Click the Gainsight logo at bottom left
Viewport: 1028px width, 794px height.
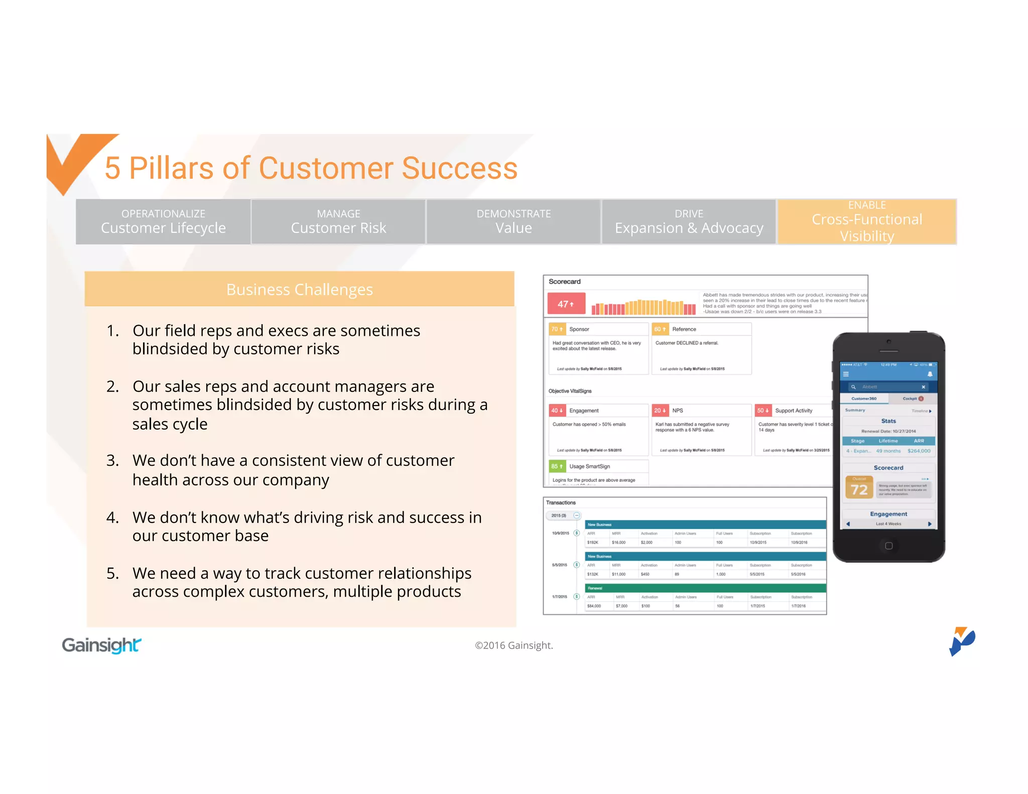point(101,645)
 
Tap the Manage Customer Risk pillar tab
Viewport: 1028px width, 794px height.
point(338,222)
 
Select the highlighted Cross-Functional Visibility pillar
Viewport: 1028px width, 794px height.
point(867,221)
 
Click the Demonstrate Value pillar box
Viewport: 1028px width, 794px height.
point(513,222)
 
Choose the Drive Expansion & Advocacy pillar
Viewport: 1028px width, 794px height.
point(689,222)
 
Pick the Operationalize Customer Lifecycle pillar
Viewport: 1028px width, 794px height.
point(163,222)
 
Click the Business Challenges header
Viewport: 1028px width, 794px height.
point(299,290)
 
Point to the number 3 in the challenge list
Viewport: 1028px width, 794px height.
point(112,460)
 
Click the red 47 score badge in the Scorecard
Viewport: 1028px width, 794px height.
point(566,304)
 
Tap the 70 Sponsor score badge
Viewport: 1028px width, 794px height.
point(557,329)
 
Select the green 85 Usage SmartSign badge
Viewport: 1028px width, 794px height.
point(557,466)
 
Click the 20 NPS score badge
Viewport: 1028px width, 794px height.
point(660,411)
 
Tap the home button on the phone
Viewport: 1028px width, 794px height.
point(888,546)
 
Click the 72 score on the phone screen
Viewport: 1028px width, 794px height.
point(859,489)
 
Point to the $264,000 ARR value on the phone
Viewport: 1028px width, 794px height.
point(919,451)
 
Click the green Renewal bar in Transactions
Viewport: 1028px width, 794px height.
point(705,588)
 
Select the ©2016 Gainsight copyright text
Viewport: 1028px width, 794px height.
point(513,645)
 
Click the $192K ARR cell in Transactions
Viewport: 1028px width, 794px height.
point(593,543)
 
